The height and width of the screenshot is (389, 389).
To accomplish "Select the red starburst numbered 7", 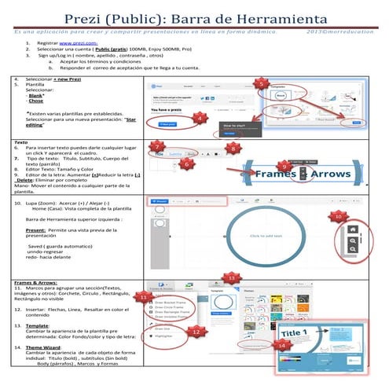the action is (158, 147).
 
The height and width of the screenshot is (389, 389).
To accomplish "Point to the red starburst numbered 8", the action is (233, 148).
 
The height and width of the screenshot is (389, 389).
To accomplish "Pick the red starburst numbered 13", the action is (230, 277).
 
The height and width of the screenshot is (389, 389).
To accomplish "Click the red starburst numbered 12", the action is (195, 332).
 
